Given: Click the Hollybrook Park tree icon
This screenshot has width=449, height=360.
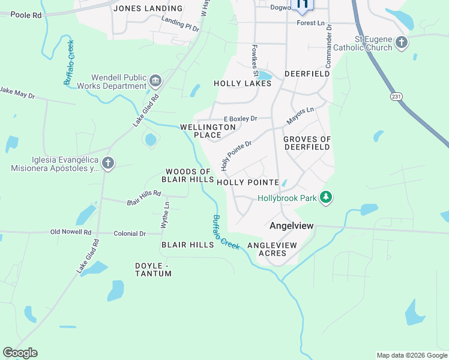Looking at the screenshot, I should pyautogui.click(x=326, y=198).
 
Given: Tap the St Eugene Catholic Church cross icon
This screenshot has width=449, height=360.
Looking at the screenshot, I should pyautogui.click(x=402, y=43).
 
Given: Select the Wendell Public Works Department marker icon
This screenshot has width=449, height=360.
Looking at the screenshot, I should pyautogui.click(x=155, y=81).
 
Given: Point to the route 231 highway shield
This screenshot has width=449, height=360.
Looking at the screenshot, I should pyautogui.click(x=397, y=96).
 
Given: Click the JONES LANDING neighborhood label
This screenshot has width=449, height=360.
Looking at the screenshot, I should pyautogui.click(x=148, y=8).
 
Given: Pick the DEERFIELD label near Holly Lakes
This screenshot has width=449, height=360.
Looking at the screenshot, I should pyautogui.click(x=307, y=73).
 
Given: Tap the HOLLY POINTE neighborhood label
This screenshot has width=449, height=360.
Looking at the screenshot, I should pyautogui.click(x=247, y=182).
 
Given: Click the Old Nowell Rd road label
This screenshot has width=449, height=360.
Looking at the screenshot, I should pyautogui.click(x=71, y=232).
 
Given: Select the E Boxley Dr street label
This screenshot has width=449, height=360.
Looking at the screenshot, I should pyautogui.click(x=240, y=119).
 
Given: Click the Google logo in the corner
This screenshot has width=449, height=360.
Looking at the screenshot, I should pyautogui.click(x=20, y=353).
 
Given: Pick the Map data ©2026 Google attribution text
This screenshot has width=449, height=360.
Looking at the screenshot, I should pyautogui.click(x=411, y=355).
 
